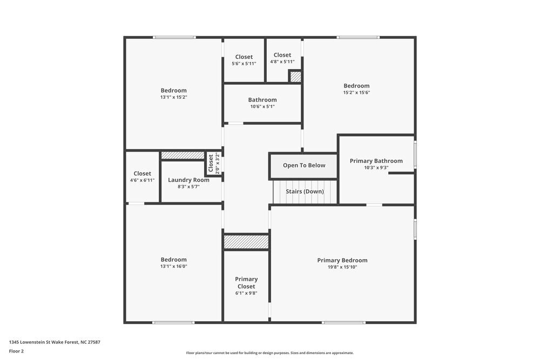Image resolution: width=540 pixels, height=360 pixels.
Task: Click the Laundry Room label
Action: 188,180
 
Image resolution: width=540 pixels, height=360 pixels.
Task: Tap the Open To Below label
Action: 304,165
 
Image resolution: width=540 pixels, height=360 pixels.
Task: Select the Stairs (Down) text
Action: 305,192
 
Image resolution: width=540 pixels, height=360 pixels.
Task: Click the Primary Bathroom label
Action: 376,161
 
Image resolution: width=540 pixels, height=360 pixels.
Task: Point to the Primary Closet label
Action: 246,283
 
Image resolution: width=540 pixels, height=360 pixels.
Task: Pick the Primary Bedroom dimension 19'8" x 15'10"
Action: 342,267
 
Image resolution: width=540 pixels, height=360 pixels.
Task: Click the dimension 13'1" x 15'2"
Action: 173,97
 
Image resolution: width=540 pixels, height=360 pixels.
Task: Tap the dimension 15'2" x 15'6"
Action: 356,92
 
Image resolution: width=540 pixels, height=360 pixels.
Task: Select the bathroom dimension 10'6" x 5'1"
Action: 262,106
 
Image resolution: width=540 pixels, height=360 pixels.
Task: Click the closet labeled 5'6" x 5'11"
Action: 244,63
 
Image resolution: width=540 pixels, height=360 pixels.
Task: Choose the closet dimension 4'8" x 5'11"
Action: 282,62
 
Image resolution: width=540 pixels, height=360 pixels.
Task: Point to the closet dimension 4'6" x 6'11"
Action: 143,180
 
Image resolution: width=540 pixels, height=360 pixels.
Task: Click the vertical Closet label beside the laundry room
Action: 211,163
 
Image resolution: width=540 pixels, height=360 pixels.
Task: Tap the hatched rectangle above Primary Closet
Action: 246,242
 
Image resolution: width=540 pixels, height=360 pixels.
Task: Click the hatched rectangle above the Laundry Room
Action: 183,155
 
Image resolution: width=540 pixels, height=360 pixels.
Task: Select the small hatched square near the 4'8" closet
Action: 295,77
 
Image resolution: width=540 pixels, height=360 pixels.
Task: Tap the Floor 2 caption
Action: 16,351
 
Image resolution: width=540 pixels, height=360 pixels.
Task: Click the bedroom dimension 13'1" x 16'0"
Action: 173,266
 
